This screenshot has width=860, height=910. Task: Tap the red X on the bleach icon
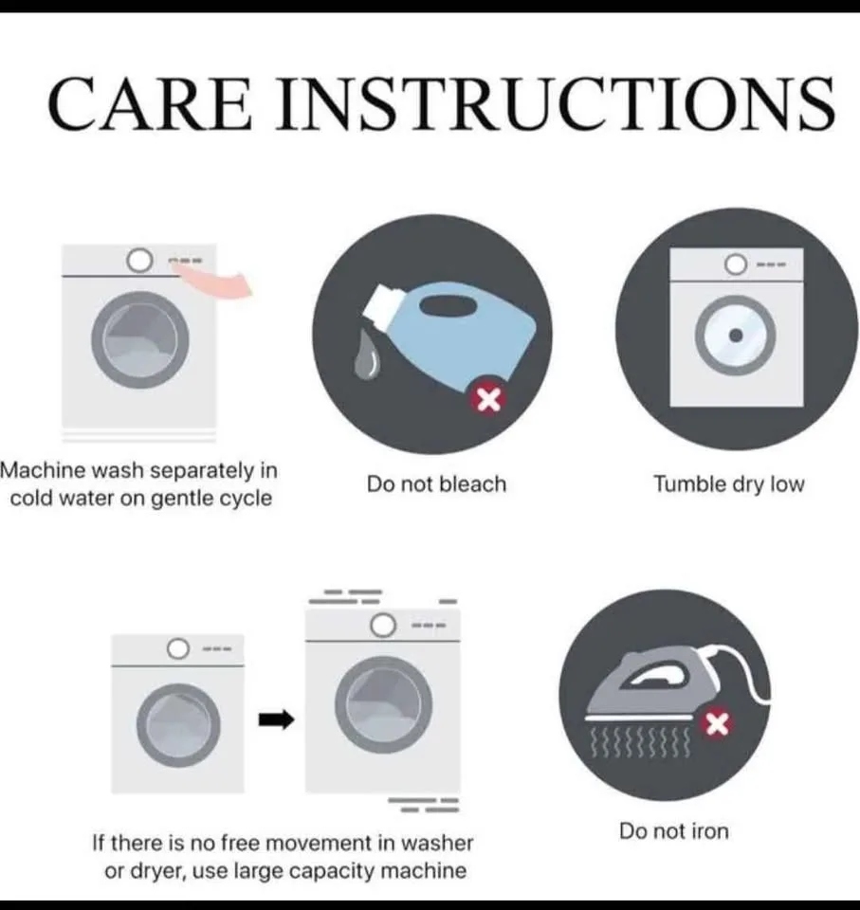(488, 401)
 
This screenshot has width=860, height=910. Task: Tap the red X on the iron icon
(718, 725)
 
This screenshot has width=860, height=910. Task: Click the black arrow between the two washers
(277, 721)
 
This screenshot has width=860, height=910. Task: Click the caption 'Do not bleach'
(437, 484)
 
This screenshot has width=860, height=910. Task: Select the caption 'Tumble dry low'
(728, 484)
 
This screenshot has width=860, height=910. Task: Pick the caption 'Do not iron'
(674, 831)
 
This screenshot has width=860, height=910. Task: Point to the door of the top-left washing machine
(138, 339)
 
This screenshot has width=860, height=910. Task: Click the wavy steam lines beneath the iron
(638, 740)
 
